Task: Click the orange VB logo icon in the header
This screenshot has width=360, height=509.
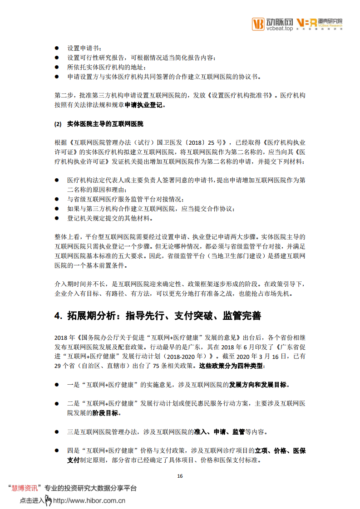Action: click(258, 24)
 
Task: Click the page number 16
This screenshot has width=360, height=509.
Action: click(180, 476)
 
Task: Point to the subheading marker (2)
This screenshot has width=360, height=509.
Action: click(57, 123)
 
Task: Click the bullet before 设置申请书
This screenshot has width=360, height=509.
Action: click(57, 48)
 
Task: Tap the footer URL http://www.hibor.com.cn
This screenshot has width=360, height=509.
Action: click(89, 501)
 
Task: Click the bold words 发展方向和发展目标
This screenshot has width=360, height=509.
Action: click(257, 385)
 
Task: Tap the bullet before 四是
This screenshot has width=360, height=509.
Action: click(57, 450)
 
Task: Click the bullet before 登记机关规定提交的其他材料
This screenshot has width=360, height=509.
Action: click(57, 218)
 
